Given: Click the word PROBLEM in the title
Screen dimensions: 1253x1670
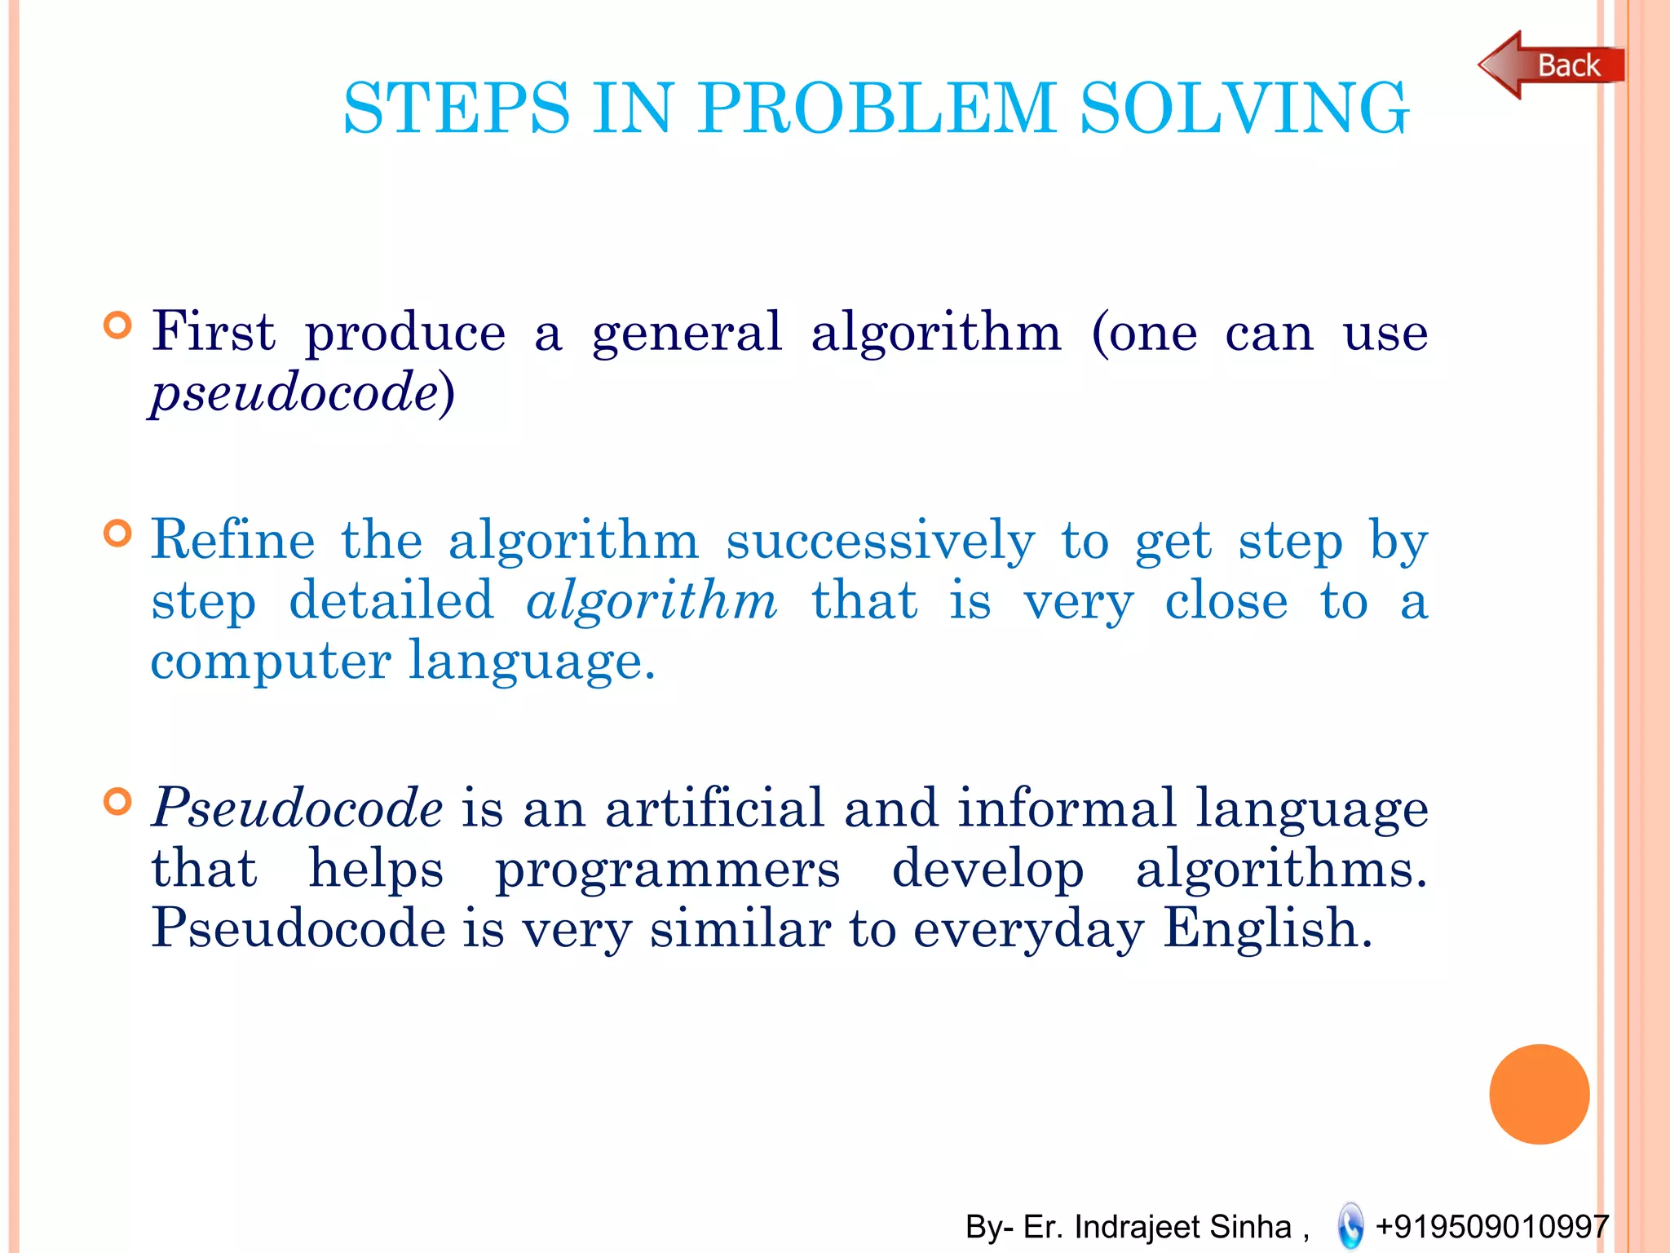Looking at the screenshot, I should coord(877,108).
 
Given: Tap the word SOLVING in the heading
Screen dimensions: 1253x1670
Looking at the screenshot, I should coord(1244,108).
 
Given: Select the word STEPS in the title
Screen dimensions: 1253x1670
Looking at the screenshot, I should coord(457,108).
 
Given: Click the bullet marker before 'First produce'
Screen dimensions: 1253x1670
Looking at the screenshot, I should coord(118,325).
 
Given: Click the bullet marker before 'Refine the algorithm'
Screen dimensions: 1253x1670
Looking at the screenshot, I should coord(118,534).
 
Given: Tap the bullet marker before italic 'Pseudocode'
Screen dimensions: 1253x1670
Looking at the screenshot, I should coord(118,801).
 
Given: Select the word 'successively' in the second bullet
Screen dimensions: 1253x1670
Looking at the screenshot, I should coord(881,542).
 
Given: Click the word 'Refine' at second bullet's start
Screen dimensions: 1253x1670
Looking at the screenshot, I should coord(233,540).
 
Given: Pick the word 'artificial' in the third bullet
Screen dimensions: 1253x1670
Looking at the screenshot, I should coord(714,809).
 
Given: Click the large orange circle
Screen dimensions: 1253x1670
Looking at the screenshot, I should coord(1539,1094).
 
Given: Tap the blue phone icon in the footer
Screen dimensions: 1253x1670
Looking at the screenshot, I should coord(1350,1226).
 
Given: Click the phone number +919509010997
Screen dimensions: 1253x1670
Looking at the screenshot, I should coord(1491,1227).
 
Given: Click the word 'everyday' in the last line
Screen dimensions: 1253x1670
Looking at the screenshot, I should coord(1028,930).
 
